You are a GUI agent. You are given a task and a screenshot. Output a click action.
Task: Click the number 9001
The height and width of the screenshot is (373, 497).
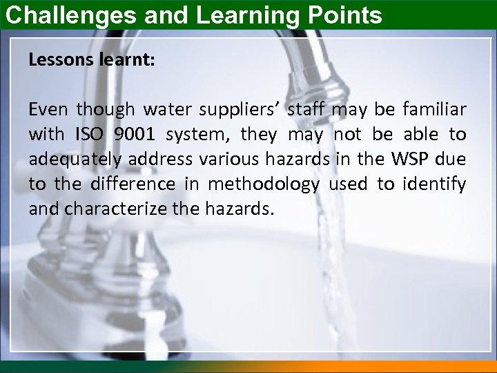point(134,134)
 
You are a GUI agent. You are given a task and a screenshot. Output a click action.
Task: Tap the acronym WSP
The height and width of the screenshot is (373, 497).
point(413,159)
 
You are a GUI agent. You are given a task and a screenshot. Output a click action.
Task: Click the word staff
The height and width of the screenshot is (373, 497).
point(307,109)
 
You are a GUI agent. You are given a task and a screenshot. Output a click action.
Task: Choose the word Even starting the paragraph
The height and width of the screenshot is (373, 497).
point(48,110)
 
